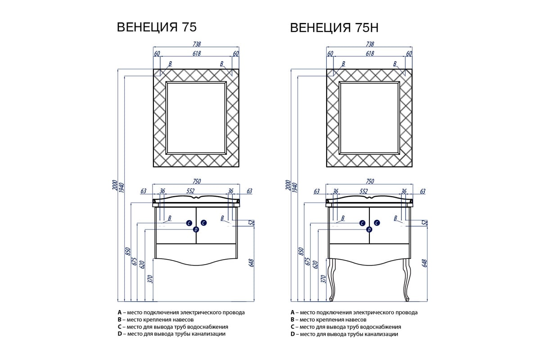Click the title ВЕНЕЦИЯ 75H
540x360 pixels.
[x=334, y=28]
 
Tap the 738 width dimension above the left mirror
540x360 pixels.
[x=196, y=44]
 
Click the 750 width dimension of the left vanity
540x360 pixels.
[x=197, y=181]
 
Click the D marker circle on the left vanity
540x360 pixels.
[x=196, y=229]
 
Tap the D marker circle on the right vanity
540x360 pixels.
[x=369, y=229]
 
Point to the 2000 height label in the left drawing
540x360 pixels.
[x=115, y=186]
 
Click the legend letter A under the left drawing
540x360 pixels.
[x=119, y=312]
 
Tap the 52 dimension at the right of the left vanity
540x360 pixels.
[x=252, y=222]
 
